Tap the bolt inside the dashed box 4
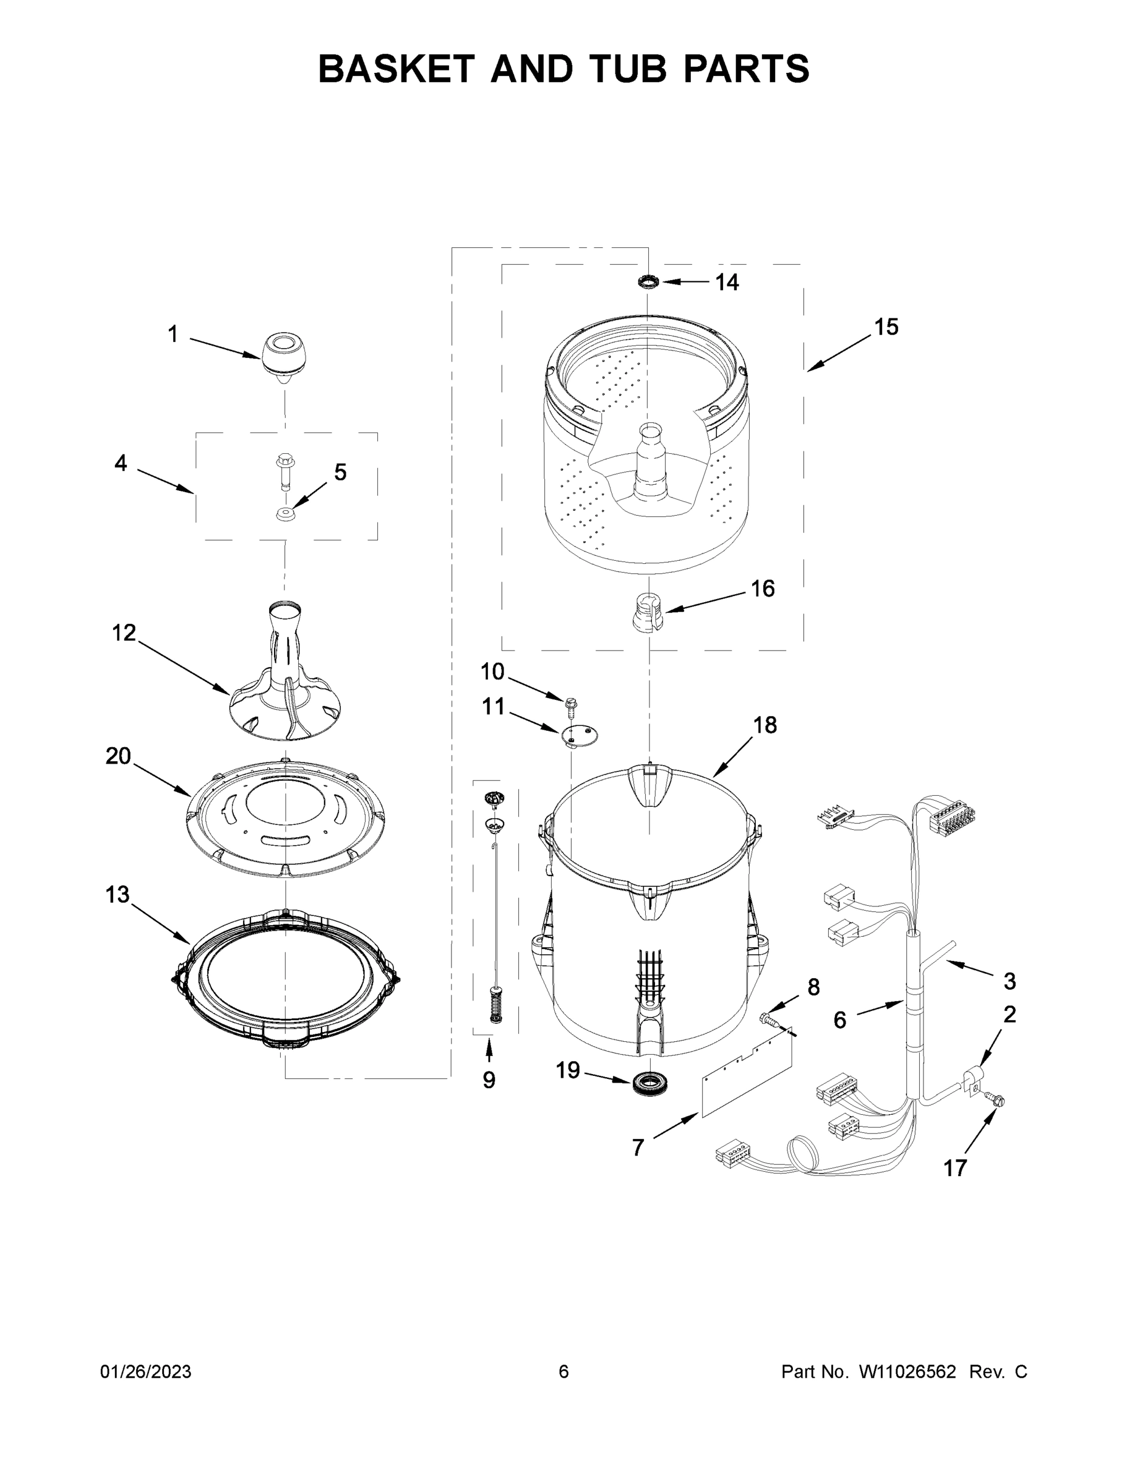(284, 471)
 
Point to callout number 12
(123, 633)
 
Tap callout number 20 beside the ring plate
(118, 756)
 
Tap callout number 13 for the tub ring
(117, 895)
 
